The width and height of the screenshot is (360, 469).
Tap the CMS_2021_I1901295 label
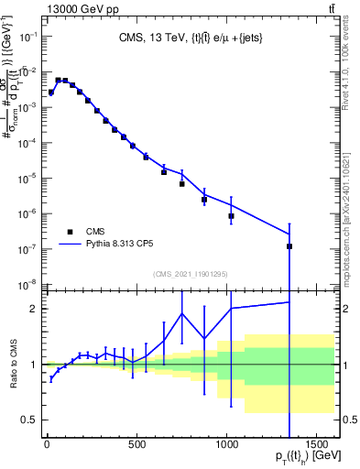point(190,273)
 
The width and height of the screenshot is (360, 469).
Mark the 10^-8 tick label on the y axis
point(27,284)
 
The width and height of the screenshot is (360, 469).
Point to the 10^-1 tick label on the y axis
point(27,36)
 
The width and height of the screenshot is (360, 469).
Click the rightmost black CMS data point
point(289,246)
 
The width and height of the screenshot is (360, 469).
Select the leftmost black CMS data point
point(51,93)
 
